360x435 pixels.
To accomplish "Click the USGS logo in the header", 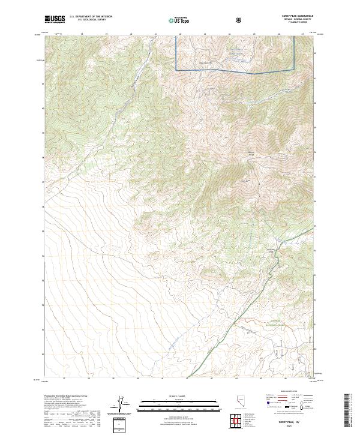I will click(55, 19).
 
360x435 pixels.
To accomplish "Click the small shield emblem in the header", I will click(240, 20).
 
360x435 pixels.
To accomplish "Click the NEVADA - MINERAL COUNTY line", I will click(301, 20).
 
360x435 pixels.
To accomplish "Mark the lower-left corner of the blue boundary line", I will click(176, 70).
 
